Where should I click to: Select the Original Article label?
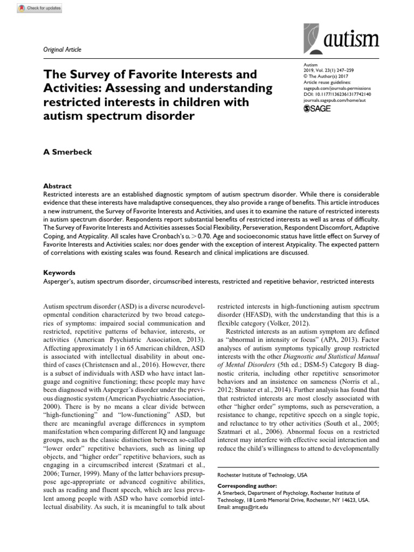tap(62, 50)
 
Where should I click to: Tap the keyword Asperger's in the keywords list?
tap(57, 282)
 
